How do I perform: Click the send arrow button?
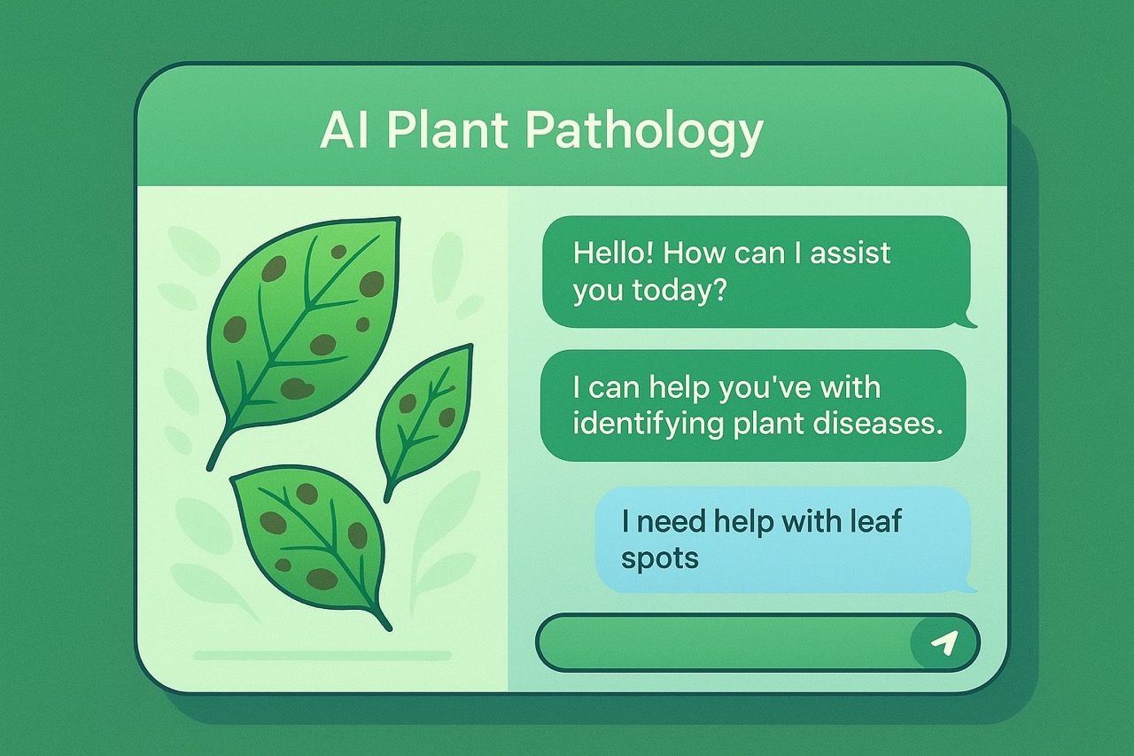click(x=945, y=643)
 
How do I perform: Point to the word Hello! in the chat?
click(x=613, y=253)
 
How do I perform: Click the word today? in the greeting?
click(x=678, y=291)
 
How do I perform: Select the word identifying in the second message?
click(x=648, y=424)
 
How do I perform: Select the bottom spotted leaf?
click(x=310, y=536)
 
